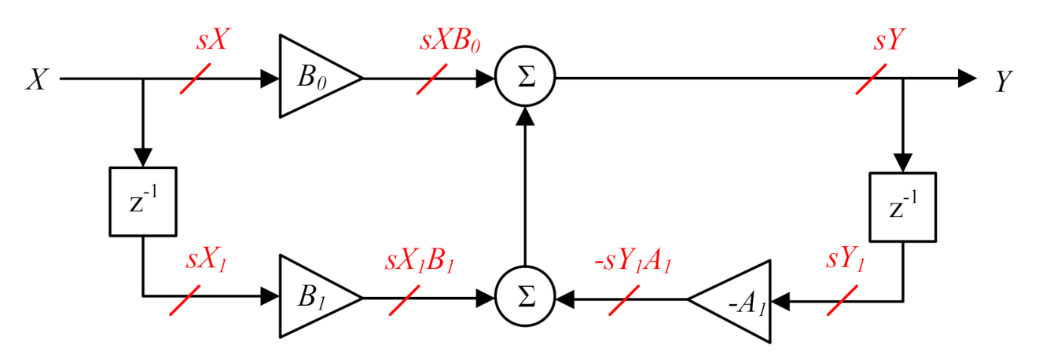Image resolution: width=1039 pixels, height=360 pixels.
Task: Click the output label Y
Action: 1003,81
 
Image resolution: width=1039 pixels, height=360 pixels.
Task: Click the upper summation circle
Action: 526,79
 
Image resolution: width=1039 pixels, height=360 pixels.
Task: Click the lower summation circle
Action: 526,299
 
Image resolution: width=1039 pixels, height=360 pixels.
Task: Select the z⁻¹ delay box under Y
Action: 902,206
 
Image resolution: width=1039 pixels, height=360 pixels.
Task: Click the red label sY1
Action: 846,260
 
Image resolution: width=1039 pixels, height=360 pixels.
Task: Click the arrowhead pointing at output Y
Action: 966,79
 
